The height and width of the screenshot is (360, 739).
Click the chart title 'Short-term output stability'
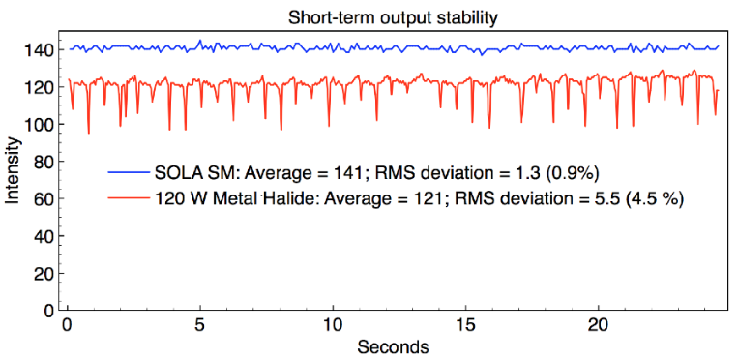[393, 18]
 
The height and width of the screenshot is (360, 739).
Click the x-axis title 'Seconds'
[393, 346]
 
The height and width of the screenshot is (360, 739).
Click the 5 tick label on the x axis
[201, 326]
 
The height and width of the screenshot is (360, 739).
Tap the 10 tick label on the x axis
[333, 326]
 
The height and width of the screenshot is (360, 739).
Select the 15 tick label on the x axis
[465, 326]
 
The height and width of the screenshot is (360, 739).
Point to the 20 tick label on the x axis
[598, 326]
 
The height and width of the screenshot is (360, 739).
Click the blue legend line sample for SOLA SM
[128, 172]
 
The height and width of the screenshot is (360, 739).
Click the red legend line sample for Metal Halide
[128, 198]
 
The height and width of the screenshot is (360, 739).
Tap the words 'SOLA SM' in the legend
[189, 172]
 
